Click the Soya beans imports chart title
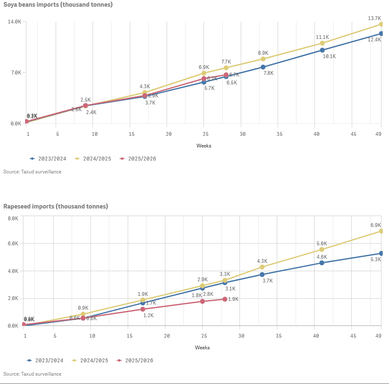[58, 5]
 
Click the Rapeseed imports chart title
[56, 206]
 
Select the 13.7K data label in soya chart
[374, 18]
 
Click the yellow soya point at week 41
[322, 43]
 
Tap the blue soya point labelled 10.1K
[322, 50]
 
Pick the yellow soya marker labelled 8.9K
[263, 59]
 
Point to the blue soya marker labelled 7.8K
[263, 67]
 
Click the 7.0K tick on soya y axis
[15, 73]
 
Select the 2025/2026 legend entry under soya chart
[138, 159]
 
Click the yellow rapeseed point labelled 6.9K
[381, 231]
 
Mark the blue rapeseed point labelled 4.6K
[322, 263]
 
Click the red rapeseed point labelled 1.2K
[143, 309]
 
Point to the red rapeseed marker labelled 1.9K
[225, 299]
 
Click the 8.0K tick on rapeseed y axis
[13, 219]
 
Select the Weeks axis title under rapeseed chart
[202, 348]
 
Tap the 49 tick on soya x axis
[378, 134]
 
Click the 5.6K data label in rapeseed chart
[322, 244]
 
